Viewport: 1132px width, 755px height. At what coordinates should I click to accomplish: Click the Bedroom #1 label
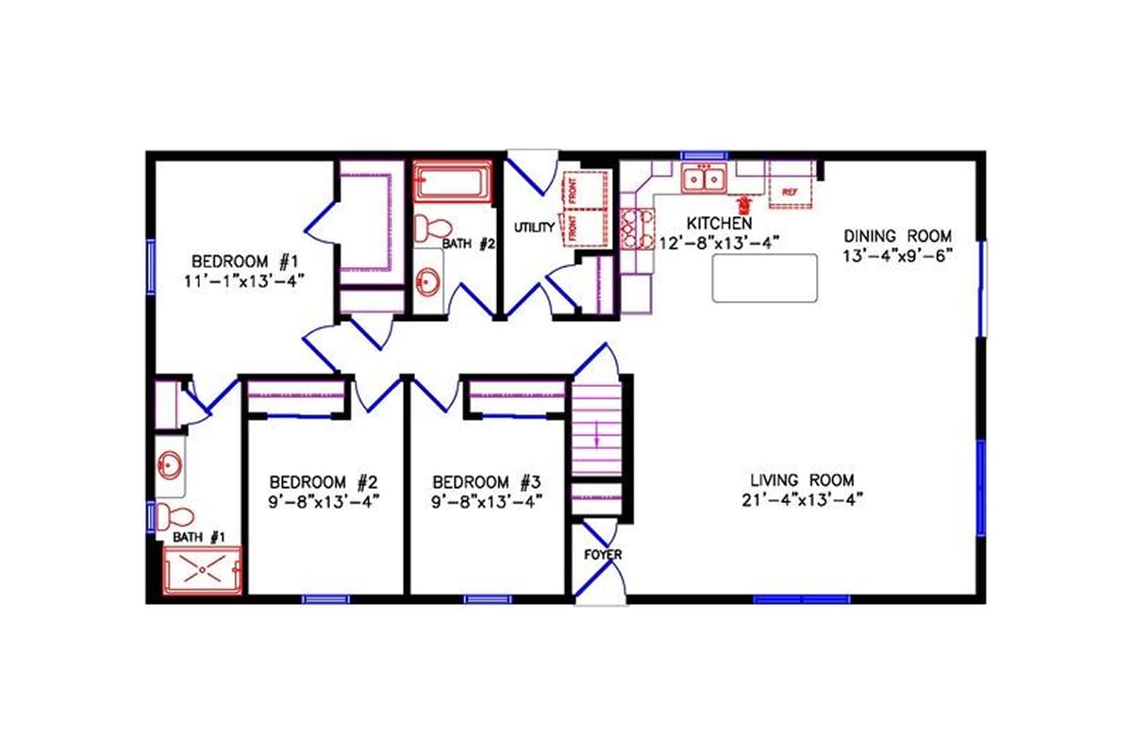tap(245, 261)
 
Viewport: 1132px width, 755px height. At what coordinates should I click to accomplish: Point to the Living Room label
tap(803, 479)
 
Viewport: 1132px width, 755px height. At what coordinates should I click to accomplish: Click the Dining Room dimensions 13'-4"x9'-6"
tap(899, 255)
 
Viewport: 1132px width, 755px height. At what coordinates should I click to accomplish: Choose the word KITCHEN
tap(719, 224)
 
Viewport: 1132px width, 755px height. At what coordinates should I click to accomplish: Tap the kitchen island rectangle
tap(764, 278)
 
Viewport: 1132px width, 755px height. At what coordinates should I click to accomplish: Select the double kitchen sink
tap(703, 176)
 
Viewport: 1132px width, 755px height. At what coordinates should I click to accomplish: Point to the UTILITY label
tap(533, 227)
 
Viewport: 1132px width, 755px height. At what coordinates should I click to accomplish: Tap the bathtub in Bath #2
tap(453, 181)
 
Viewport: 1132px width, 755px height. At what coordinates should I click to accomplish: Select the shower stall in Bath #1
tap(203, 570)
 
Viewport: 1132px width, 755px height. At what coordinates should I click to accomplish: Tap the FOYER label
tap(603, 555)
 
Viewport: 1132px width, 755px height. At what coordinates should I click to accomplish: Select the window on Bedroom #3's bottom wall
tap(488, 598)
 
